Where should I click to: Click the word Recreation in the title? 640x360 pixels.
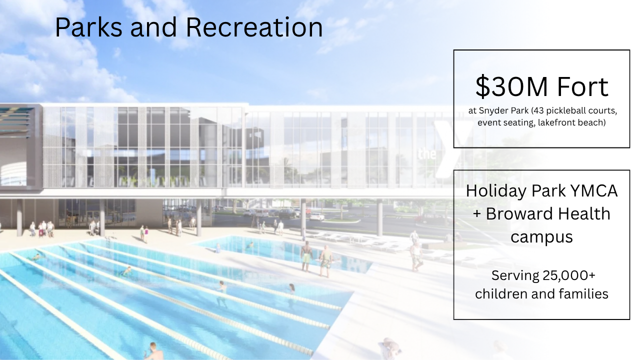tap(254, 27)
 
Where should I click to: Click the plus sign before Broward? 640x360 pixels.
tap(477, 214)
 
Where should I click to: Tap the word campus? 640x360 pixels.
tap(541, 236)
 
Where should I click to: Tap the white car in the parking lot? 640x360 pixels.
tap(316, 216)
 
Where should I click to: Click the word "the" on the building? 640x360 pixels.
tap(426, 154)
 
